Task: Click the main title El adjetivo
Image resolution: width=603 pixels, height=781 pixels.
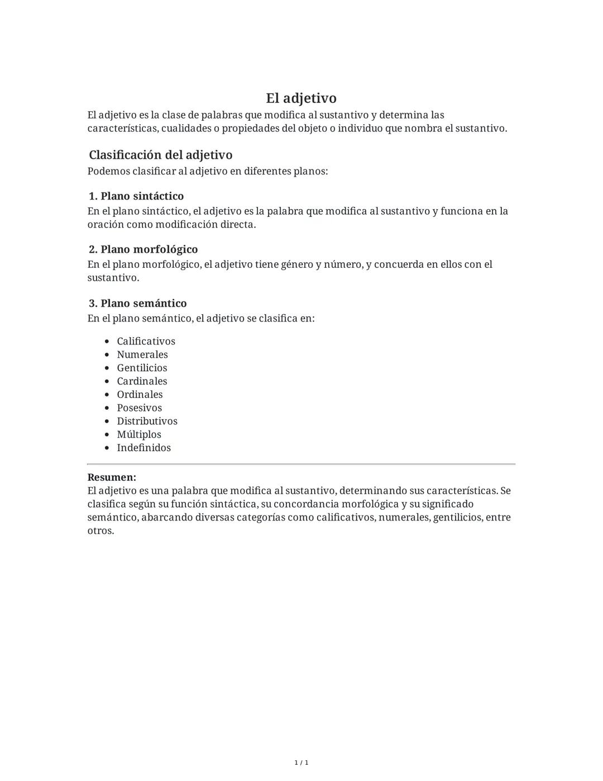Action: pos(301,98)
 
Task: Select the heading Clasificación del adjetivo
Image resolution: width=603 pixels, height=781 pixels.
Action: pos(160,155)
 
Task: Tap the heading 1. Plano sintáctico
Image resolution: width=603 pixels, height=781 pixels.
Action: pos(136,196)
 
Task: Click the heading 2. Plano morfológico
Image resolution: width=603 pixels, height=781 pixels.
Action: pos(143,249)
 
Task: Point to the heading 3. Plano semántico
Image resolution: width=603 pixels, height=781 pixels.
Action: pos(138,304)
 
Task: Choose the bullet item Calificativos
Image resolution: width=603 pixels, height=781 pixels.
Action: pos(146,342)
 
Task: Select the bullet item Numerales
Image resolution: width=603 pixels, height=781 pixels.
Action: pos(142,354)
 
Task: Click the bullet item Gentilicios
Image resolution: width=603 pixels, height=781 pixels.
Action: pos(142,368)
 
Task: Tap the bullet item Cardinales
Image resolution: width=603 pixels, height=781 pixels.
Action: pos(142,381)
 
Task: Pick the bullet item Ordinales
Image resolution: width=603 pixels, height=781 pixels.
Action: pos(140,395)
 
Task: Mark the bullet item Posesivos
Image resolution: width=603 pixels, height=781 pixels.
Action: pos(139,408)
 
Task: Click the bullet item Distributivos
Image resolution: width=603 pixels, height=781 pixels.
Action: pos(147,422)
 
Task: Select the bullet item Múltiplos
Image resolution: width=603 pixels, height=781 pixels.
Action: pos(139,434)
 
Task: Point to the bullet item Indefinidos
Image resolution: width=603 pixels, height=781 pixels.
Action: pos(143,448)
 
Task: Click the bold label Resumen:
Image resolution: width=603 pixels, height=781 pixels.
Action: pos(112,477)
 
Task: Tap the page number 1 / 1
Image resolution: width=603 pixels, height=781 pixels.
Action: pos(301,763)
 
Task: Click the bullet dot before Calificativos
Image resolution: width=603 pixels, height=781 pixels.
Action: pos(107,342)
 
